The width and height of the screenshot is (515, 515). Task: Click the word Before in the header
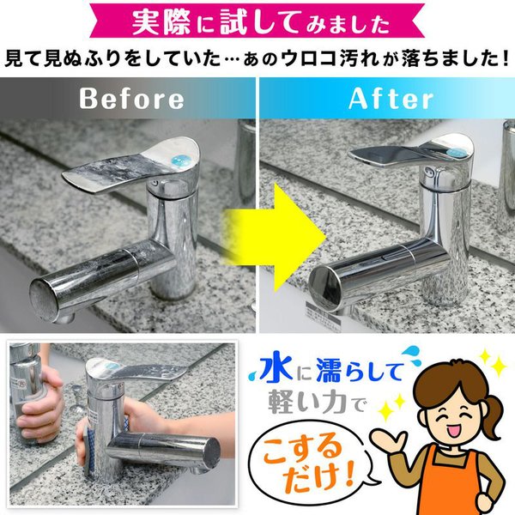[131, 98]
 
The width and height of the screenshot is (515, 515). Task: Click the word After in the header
[391, 98]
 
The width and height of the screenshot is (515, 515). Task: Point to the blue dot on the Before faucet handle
[181, 161]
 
